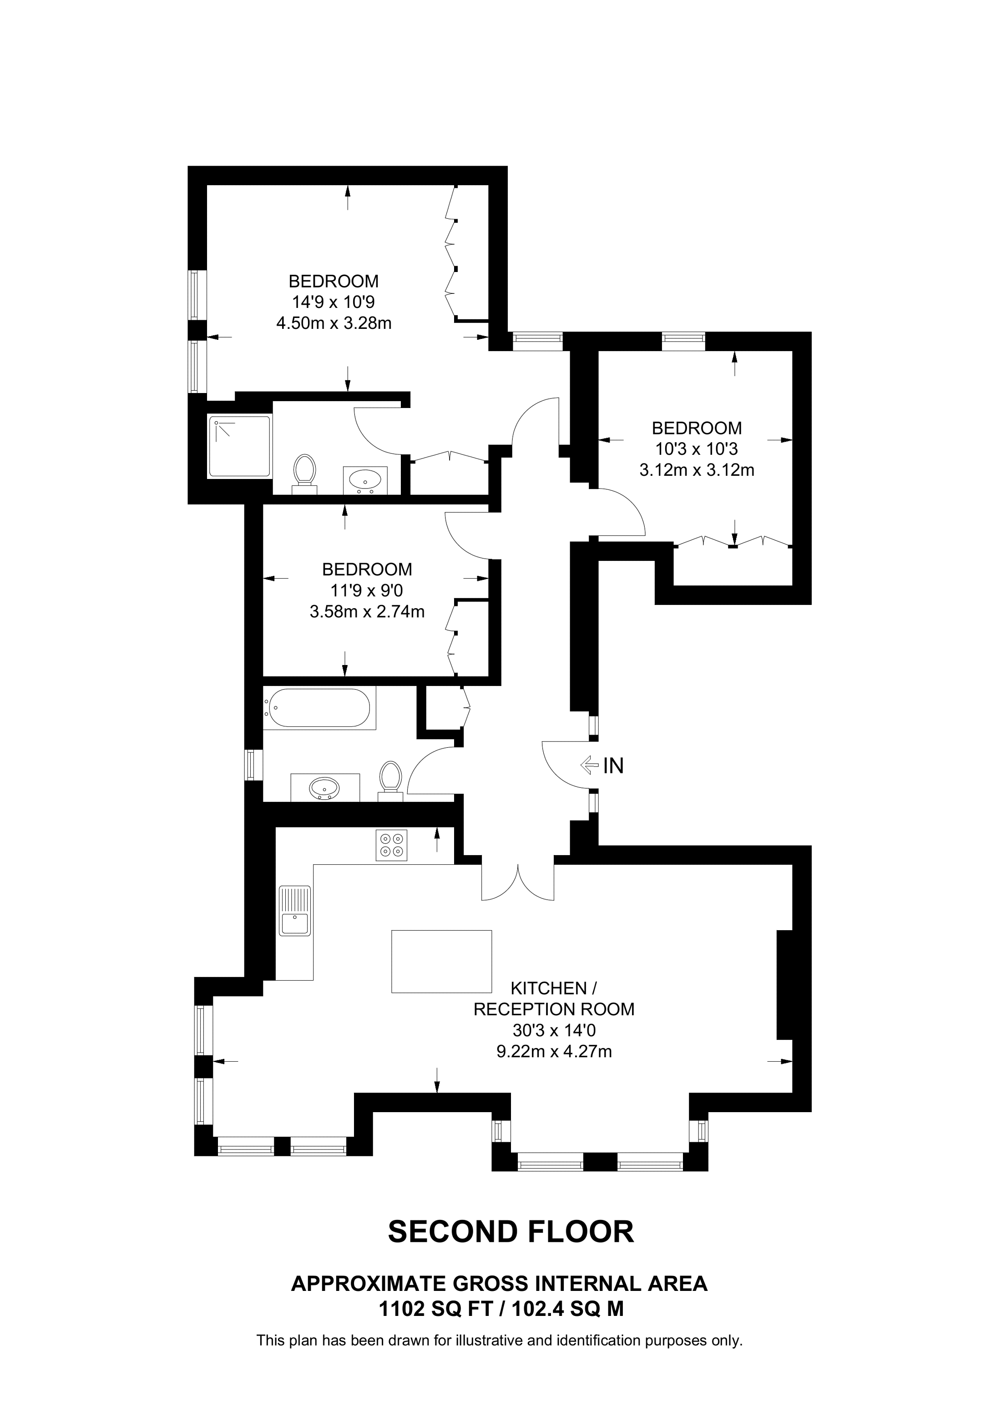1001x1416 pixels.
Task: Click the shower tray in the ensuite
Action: pyautogui.click(x=241, y=447)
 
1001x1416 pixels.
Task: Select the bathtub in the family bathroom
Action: pyautogui.click(x=318, y=707)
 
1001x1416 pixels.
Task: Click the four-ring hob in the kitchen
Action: pyautogui.click(x=391, y=845)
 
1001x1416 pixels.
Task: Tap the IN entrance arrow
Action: pyautogui.click(x=589, y=766)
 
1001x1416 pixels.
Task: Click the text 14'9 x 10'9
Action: pyautogui.click(x=334, y=302)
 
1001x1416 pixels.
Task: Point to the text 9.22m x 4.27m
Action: pyautogui.click(x=554, y=1052)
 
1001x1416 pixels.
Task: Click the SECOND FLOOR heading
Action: pyautogui.click(x=511, y=1232)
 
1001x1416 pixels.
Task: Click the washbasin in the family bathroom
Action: pyautogui.click(x=324, y=787)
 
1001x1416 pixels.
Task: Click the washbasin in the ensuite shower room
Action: pyautogui.click(x=365, y=479)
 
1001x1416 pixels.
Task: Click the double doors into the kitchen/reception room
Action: pyautogui.click(x=518, y=882)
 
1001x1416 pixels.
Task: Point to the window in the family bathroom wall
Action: pyautogui.click(x=250, y=765)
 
